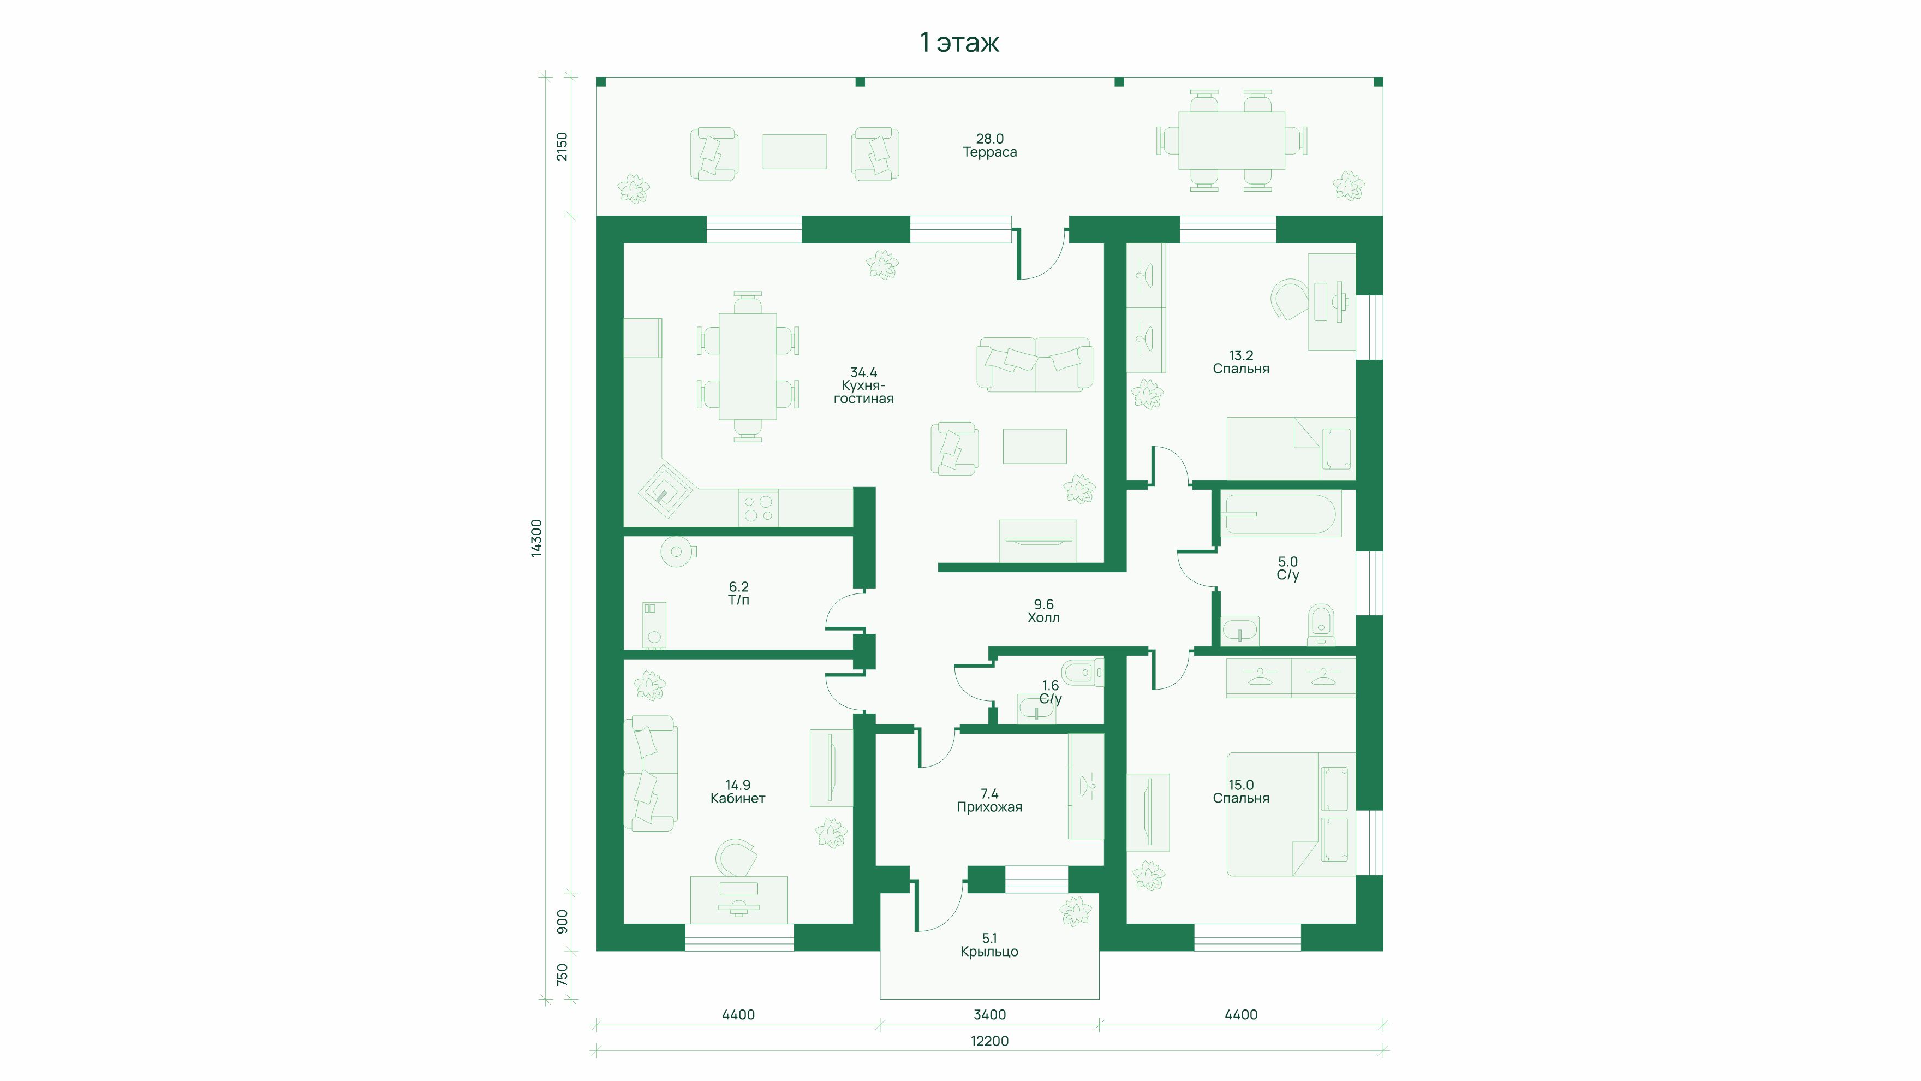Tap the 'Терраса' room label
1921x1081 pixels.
pyautogui.click(x=989, y=152)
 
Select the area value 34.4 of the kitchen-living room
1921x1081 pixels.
pyautogui.click(x=863, y=372)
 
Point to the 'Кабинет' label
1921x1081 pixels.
pyautogui.click(x=737, y=798)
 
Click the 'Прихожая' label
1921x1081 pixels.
pyautogui.click(x=989, y=807)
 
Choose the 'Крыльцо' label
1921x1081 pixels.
pyautogui.click(x=989, y=952)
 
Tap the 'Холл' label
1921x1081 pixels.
pyautogui.click(x=1043, y=617)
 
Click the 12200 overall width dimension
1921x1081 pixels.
pyautogui.click(x=989, y=1041)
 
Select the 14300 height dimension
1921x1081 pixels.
pyautogui.click(x=536, y=538)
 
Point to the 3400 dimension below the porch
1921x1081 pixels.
pyautogui.click(x=989, y=1014)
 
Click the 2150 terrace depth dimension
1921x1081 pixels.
pyautogui.click(x=562, y=146)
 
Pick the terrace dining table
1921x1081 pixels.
pyautogui.click(x=1231, y=140)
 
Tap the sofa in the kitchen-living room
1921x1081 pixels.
pyautogui.click(x=1035, y=364)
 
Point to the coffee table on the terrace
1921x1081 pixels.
pyautogui.click(x=794, y=151)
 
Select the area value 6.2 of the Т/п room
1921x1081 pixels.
pyautogui.click(x=738, y=587)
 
